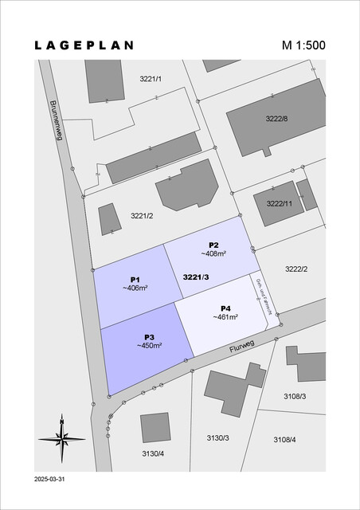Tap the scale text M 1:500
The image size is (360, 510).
tap(303, 45)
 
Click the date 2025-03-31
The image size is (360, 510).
tap(50, 481)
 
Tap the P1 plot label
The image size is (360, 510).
tap(135, 279)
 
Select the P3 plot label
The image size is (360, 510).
tap(149, 337)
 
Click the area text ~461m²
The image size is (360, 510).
tap(225, 316)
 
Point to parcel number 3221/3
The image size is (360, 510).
tap(196, 277)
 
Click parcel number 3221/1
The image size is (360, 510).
tap(151, 79)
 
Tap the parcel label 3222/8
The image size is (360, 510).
tap(276, 119)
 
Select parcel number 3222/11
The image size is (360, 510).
tap(280, 203)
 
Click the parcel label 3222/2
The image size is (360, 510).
tap(296, 269)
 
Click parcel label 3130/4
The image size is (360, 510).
tap(153, 453)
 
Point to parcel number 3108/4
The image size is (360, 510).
tap(284, 439)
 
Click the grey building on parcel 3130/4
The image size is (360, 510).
tap(155, 428)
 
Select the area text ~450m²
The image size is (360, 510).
tap(149, 346)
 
